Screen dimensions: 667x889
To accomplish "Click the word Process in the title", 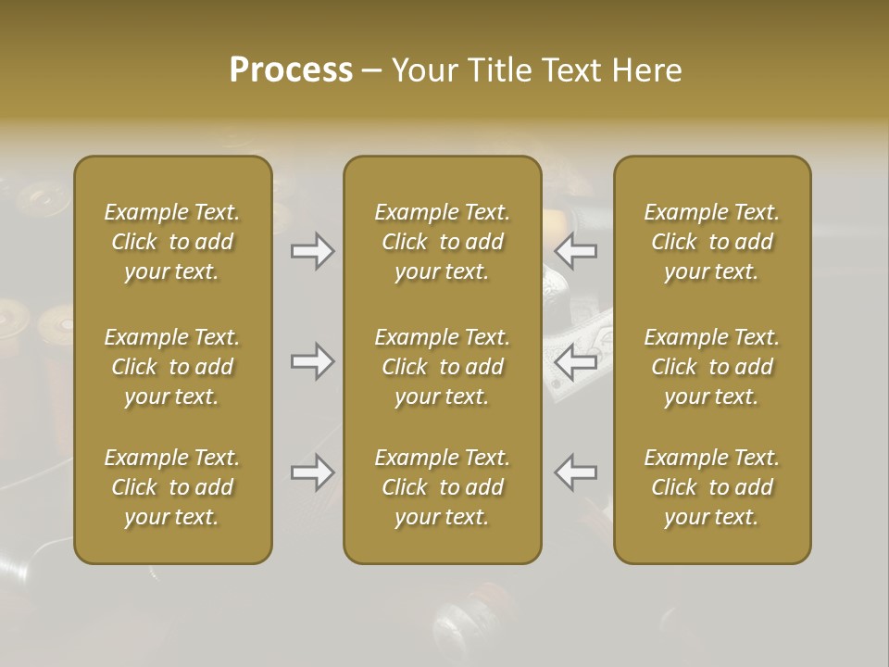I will (x=291, y=70).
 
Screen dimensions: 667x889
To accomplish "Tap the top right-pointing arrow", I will (x=312, y=251).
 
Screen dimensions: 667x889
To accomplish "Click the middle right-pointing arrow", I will (x=312, y=361).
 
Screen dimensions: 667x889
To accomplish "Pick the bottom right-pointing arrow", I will (x=312, y=472).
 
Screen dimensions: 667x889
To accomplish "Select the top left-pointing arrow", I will (x=576, y=251).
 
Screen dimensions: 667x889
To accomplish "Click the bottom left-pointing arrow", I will (x=576, y=472).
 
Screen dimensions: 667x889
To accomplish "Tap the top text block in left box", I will (x=172, y=242).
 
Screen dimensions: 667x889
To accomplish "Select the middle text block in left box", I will (x=172, y=367).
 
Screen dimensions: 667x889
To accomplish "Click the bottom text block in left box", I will (x=172, y=487).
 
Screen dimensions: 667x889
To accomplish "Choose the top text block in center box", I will (x=442, y=242).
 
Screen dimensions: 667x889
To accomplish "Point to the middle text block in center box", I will (x=442, y=367).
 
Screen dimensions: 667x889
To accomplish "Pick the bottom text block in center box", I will (x=442, y=487).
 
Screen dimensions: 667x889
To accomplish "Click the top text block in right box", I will (x=711, y=242).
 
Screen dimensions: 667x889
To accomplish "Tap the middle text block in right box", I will (x=711, y=367).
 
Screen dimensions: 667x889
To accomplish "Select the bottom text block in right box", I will (x=711, y=487).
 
